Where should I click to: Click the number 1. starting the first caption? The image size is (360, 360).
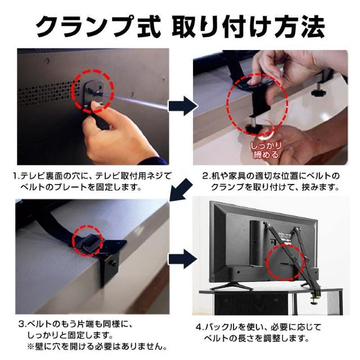[x=16, y=175]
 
